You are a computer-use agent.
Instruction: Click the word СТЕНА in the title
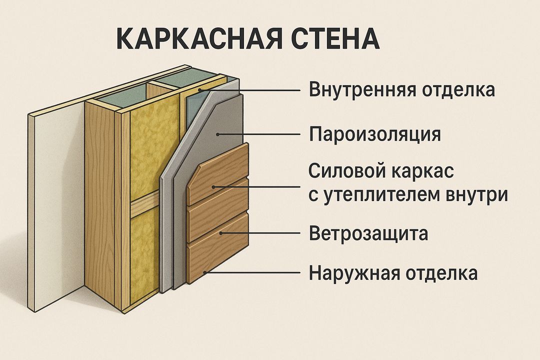(331, 39)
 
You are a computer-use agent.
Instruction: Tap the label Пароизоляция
(375, 134)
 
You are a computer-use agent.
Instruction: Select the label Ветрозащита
(368, 233)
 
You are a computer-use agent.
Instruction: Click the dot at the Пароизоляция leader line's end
(218, 134)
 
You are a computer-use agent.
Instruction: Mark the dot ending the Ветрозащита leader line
(220, 233)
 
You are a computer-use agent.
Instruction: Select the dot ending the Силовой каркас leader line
(214, 187)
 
